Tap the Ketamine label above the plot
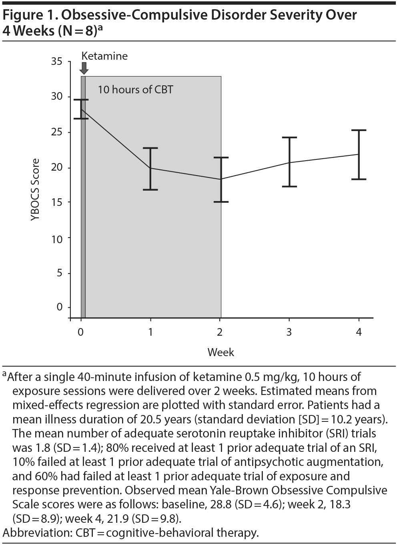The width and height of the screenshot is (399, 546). [104, 56]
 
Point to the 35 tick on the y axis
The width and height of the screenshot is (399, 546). [57, 62]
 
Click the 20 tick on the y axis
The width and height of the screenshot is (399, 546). [57, 167]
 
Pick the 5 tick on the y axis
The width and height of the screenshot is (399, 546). [60, 273]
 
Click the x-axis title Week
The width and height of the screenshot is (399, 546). [221, 353]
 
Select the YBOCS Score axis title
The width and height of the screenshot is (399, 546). [36, 190]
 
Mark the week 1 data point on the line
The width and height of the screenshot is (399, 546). [150, 168]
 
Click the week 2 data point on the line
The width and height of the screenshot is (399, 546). [220, 179]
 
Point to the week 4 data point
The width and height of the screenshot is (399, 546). [358, 154]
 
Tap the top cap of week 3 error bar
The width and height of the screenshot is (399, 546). [289, 137]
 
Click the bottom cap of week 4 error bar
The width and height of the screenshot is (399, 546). [358, 179]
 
